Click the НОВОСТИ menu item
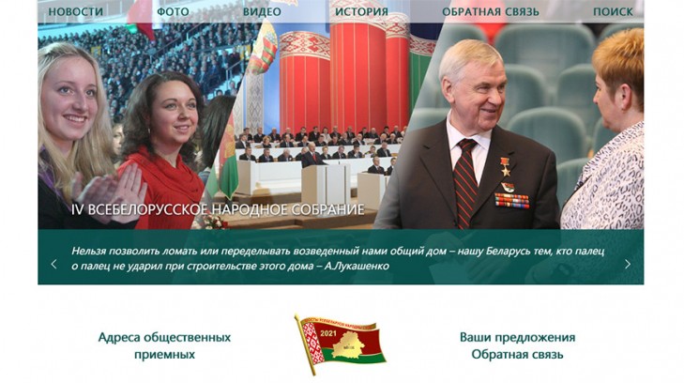pos(76,11)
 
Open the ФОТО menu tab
pos(173,11)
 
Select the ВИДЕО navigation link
pos(262,11)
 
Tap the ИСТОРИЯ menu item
pos(360,11)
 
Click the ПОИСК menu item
pos(612,11)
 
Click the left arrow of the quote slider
pos(53,264)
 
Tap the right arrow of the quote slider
pos(628,264)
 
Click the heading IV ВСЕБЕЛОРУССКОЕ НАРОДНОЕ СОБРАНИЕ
pos(218,209)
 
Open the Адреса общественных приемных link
pos(164,345)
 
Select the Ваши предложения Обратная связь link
pos(517,345)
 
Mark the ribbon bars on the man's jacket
pos(511,199)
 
